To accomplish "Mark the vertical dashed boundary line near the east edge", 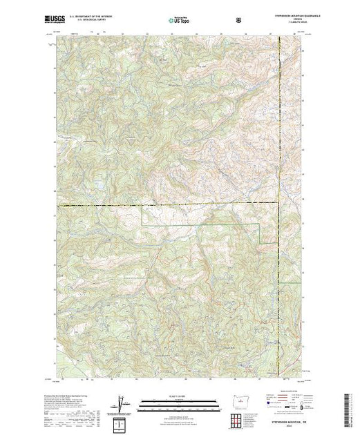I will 278,138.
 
